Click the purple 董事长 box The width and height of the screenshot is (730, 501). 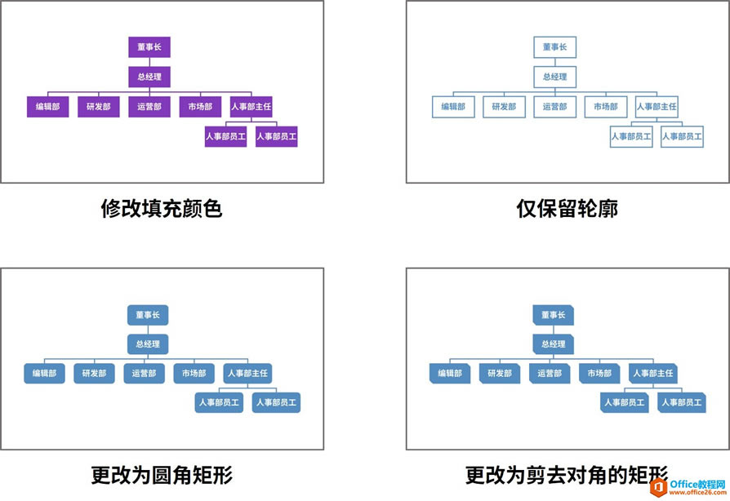pos(149,47)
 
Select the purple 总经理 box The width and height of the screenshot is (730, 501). pos(149,78)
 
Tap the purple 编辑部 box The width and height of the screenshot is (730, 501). pos(47,107)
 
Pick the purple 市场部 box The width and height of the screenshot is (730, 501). pos(200,107)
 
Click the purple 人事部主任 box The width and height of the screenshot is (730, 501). pos(251,107)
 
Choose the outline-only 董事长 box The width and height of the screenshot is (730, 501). pos(554,47)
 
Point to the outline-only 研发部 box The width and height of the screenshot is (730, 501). pos(504,107)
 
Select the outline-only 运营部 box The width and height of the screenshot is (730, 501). pos(554,107)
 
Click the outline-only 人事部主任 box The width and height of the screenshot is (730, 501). pos(657,107)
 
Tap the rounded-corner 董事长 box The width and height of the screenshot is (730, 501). pos(148,314)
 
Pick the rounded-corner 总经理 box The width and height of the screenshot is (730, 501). pos(148,344)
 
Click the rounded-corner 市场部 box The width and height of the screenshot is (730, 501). pos(194,374)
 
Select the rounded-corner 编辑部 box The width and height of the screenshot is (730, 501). pos(44,374)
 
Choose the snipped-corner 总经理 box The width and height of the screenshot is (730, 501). pos(554,344)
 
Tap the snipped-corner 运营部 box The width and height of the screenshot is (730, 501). pos(550,374)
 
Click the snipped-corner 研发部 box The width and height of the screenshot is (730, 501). pos(500,374)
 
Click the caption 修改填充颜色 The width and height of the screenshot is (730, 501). pos(161,209)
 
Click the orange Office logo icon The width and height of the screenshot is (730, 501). pos(658,485)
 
